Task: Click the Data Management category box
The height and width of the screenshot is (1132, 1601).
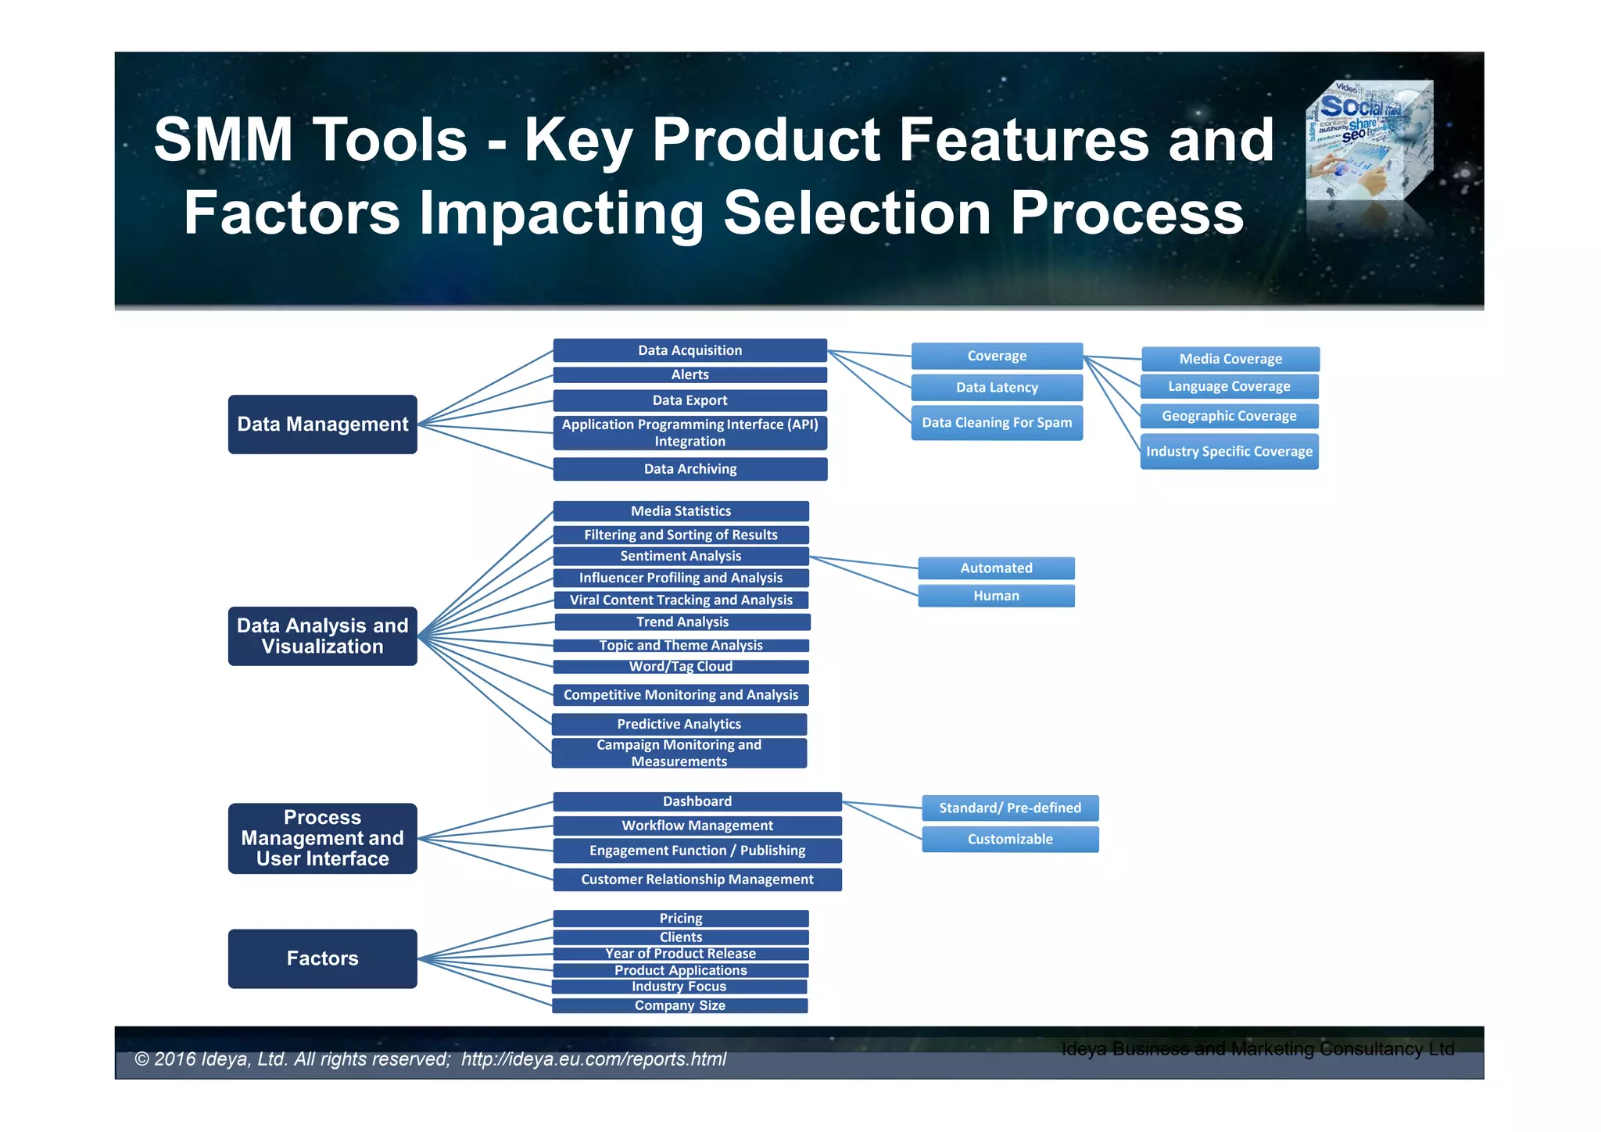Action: point(322,424)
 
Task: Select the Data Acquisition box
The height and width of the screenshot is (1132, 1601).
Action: point(689,350)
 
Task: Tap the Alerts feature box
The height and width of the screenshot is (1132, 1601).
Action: point(689,374)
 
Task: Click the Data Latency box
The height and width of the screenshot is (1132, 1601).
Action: point(997,387)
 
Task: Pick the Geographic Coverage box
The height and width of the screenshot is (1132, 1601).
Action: point(1229,416)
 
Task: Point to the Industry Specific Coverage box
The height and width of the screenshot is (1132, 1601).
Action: point(1229,451)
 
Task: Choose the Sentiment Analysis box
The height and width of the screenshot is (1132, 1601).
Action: point(680,556)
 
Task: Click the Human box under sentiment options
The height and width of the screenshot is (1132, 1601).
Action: point(996,596)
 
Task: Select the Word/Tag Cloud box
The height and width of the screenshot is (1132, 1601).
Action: point(680,666)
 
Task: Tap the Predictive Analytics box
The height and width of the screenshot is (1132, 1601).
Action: point(679,724)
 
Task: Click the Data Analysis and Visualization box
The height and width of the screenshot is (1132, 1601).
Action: point(322,636)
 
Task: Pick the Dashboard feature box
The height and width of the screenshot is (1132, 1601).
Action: point(697,801)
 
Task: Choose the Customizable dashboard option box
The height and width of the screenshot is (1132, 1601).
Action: point(1010,839)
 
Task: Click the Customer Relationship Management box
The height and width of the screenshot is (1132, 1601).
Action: point(697,879)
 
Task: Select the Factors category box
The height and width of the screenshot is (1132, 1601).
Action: point(322,958)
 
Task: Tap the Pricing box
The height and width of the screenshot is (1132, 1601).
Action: point(680,919)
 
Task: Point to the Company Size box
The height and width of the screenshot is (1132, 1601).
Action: point(679,1005)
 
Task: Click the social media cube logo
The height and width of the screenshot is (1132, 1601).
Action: point(1370,141)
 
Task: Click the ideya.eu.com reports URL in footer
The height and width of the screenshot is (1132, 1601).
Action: point(593,1059)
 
